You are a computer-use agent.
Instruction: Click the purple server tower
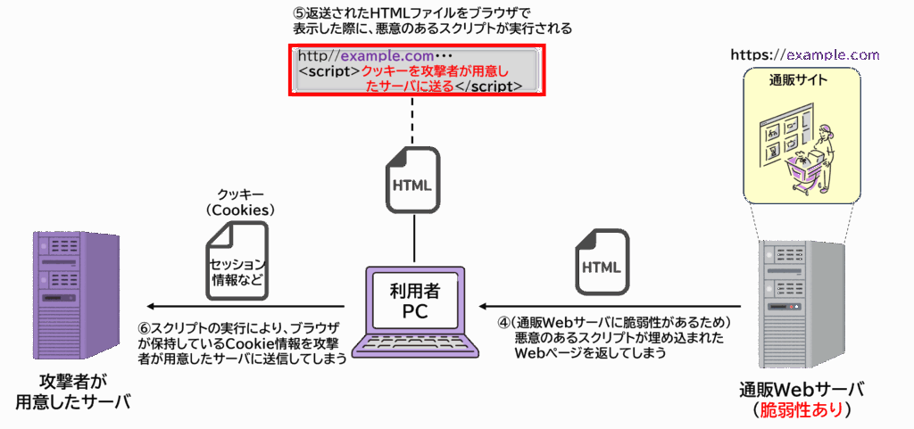(x=76, y=294)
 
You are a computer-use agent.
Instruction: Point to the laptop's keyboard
(x=415, y=344)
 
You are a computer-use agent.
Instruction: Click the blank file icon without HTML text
(x=237, y=260)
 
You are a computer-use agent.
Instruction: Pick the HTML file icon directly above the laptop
(x=412, y=180)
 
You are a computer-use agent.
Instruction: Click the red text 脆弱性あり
(x=801, y=410)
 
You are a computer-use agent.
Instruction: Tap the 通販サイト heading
(x=798, y=81)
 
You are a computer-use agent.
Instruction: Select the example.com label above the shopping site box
(x=833, y=55)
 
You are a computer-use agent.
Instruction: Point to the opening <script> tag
(x=329, y=71)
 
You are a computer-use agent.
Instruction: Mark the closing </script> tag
(x=488, y=87)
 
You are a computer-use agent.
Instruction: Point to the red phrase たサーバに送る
(x=410, y=87)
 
